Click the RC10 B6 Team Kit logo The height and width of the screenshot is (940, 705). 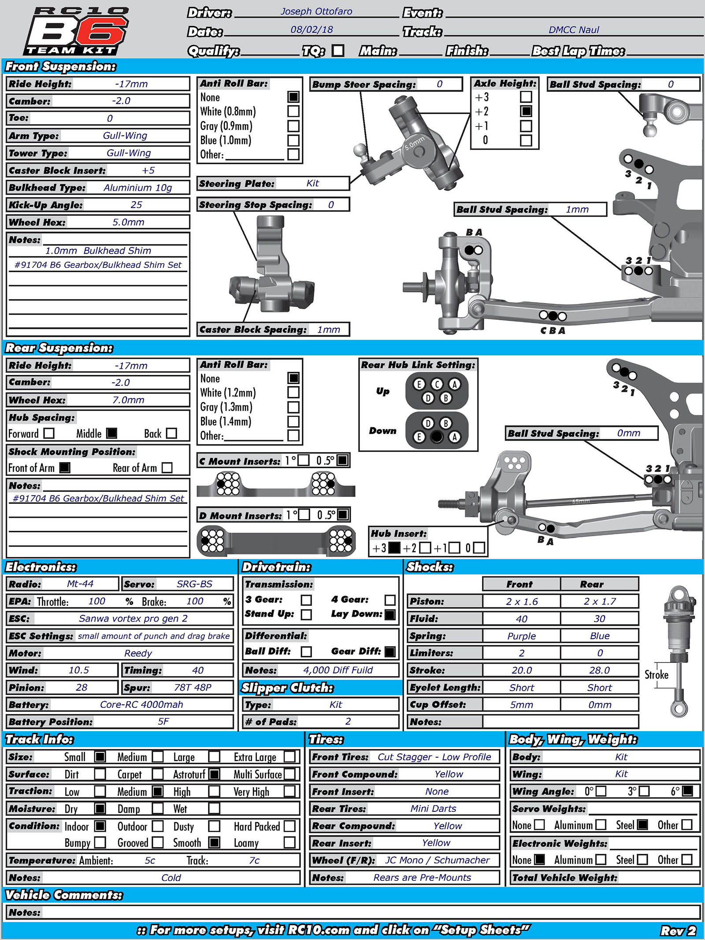coord(76,31)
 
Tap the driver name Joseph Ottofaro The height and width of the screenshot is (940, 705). coord(316,11)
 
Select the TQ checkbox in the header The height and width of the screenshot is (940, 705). coord(338,51)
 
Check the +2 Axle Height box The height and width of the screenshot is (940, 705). coord(526,111)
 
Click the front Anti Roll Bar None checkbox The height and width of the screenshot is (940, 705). coord(293,97)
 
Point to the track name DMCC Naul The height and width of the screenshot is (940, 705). coord(574,30)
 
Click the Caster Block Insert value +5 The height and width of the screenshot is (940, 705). coord(148,170)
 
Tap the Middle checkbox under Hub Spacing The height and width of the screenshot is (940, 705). coord(112,433)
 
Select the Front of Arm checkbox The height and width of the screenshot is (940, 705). coord(65,468)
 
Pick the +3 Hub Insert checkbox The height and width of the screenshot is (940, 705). coord(394,548)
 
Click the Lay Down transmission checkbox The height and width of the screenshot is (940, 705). coord(390,614)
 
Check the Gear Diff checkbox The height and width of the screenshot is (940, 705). coord(390,651)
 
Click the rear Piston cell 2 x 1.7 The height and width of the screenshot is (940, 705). coord(600,601)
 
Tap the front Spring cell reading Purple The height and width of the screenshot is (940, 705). coord(521,636)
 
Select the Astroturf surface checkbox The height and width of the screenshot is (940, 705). coord(214,774)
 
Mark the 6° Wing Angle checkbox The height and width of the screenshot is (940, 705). coord(687,791)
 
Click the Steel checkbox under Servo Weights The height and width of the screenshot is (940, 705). coord(643,825)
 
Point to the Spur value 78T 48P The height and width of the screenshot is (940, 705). coord(193,688)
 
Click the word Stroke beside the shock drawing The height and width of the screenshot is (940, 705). coord(656,675)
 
